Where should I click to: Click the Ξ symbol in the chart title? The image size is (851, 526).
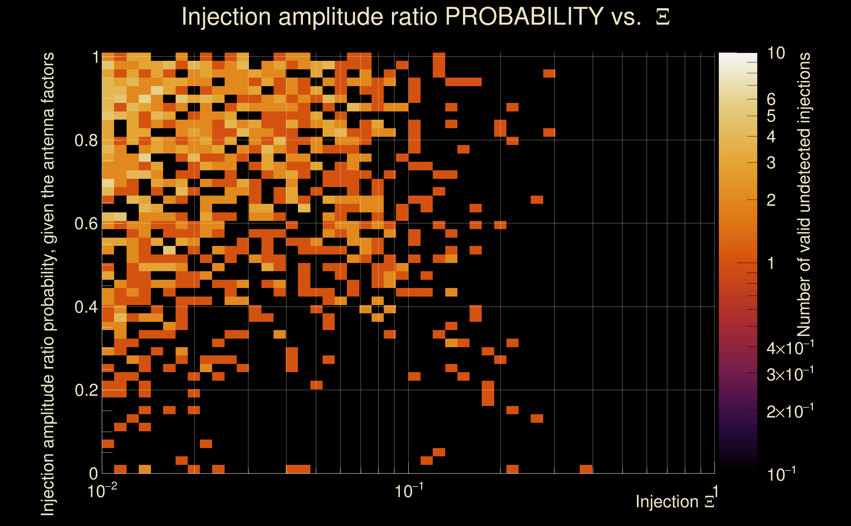pyautogui.click(x=663, y=17)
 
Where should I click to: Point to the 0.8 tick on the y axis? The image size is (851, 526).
pyautogui.click(x=86, y=141)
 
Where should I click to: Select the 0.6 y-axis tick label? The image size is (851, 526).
pyautogui.click(x=86, y=224)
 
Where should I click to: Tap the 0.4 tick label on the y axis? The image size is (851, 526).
pyautogui.click(x=86, y=307)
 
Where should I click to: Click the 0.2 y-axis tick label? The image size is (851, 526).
pyautogui.click(x=86, y=390)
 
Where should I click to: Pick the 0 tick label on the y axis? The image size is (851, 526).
pyautogui.click(x=94, y=474)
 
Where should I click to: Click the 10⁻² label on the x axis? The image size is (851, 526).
pyautogui.click(x=102, y=491)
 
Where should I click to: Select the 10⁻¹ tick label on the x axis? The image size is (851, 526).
pyautogui.click(x=408, y=491)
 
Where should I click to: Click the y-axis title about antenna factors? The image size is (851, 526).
pyautogui.click(x=48, y=283)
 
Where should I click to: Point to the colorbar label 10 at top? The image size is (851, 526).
pyautogui.click(x=776, y=53)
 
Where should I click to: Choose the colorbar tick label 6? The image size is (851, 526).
pyautogui.click(x=771, y=100)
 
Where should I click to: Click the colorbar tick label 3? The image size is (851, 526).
pyautogui.click(x=771, y=163)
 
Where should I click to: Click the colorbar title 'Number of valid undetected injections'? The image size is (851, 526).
pyautogui.click(x=804, y=195)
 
